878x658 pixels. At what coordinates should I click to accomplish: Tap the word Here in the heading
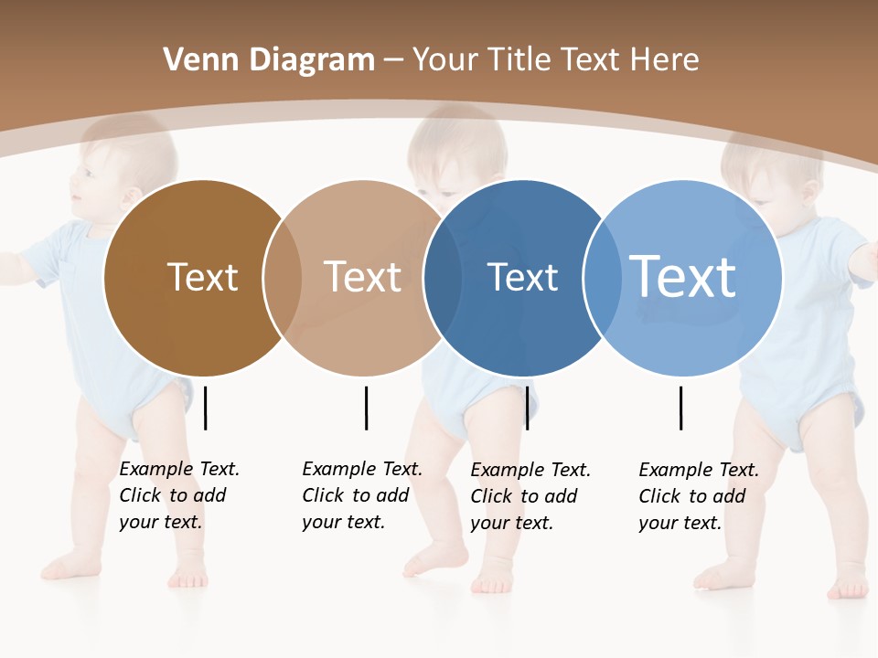[666, 60]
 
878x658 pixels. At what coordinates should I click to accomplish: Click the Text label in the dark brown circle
[202, 277]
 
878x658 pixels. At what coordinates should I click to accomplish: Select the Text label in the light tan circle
[362, 277]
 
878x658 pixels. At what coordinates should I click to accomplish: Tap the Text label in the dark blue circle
[522, 277]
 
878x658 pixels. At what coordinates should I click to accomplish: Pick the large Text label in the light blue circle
[683, 277]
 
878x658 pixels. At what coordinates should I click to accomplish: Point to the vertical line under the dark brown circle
[206, 408]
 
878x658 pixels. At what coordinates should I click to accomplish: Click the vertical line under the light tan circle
[366, 408]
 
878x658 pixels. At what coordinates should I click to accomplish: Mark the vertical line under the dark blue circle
[527, 408]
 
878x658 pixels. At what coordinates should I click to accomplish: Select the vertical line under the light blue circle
[681, 408]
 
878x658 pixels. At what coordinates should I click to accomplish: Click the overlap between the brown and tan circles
[283, 278]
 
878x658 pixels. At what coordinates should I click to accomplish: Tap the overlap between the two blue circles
[603, 278]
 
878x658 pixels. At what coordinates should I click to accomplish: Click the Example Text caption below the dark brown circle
[179, 495]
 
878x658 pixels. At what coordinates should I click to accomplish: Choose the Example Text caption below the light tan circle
[362, 495]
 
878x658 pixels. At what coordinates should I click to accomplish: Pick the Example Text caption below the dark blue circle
[530, 496]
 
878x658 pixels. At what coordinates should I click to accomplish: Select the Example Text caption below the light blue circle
[699, 496]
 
